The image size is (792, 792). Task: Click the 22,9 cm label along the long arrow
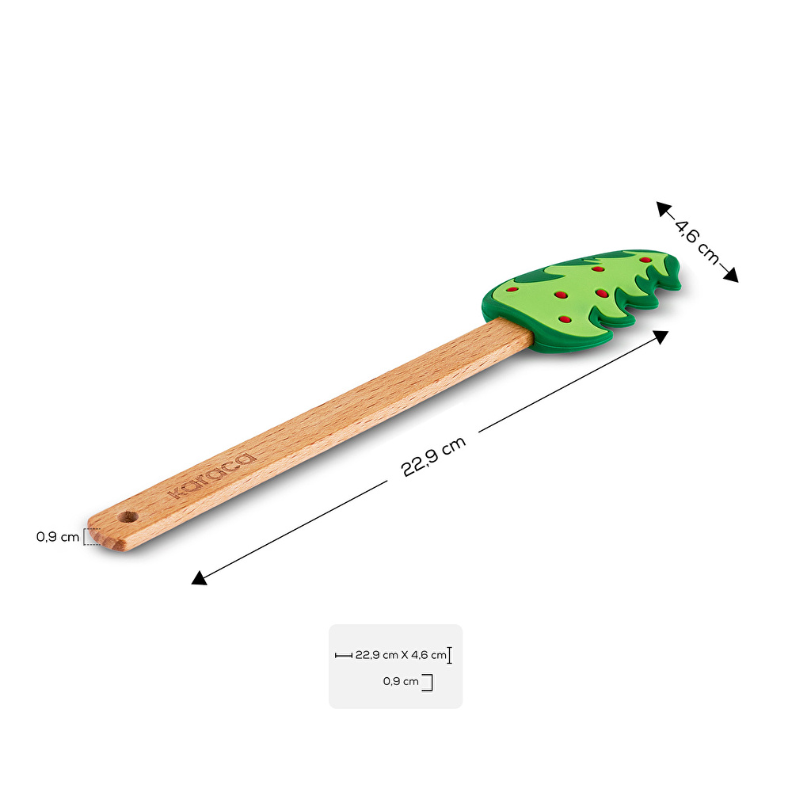click(x=433, y=457)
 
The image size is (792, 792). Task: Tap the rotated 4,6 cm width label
click(x=697, y=242)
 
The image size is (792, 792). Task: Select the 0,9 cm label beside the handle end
click(x=58, y=537)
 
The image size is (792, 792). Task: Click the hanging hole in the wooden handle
click(x=128, y=516)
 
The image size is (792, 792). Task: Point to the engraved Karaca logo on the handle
click(x=212, y=475)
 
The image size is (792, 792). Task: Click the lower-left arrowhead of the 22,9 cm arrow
click(x=199, y=578)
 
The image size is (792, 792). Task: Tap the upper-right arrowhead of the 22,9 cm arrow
click(x=661, y=337)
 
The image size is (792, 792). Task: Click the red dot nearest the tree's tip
click(x=645, y=260)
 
